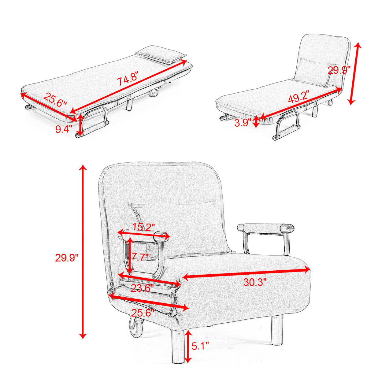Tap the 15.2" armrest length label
pos(143,228)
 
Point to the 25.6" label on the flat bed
pos(55,100)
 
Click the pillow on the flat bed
pos(161,54)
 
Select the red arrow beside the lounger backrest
pos(354,73)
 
